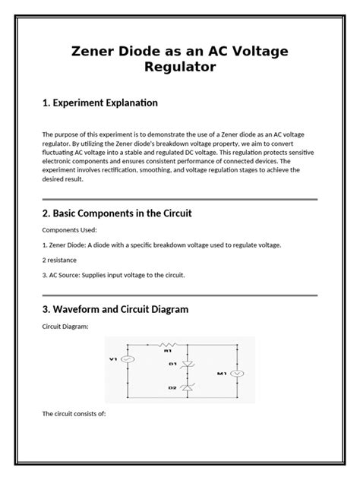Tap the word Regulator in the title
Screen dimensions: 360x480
180,68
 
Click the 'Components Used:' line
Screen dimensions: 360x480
68,229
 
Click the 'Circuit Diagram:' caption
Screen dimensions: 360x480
65,326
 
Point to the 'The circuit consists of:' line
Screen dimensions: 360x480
74,413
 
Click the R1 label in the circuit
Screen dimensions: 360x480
167,352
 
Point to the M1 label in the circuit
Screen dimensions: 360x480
221,373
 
